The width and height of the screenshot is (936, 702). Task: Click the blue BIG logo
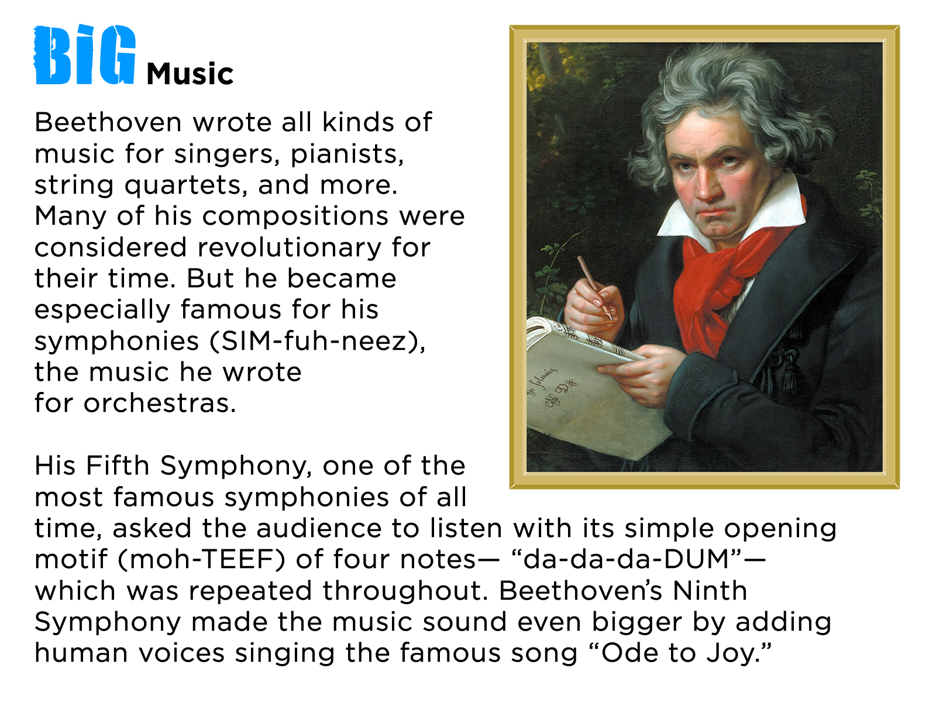(x=85, y=54)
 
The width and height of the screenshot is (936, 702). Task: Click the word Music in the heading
(x=190, y=74)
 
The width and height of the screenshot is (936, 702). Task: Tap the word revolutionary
(x=289, y=248)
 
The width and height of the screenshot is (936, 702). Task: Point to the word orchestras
(x=160, y=403)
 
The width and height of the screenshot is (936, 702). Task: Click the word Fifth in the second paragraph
(x=118, y=465)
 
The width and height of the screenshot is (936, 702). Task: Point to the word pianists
(x=346, y=154)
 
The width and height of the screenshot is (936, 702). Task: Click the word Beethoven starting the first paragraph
(x=108, y=122)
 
